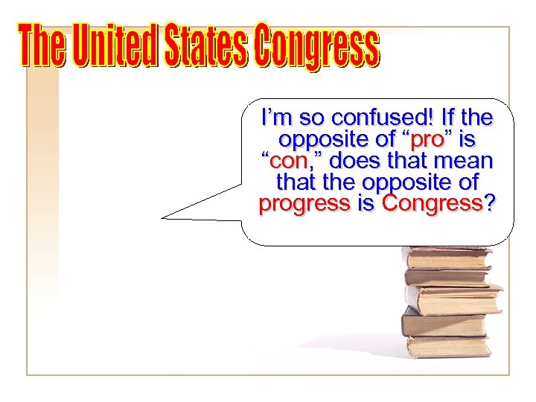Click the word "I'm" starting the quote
[x=274, y=118]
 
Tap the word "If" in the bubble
[x=450, y=118]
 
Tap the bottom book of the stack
[x=447, y=347]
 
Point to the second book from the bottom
[x=444, y=324]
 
